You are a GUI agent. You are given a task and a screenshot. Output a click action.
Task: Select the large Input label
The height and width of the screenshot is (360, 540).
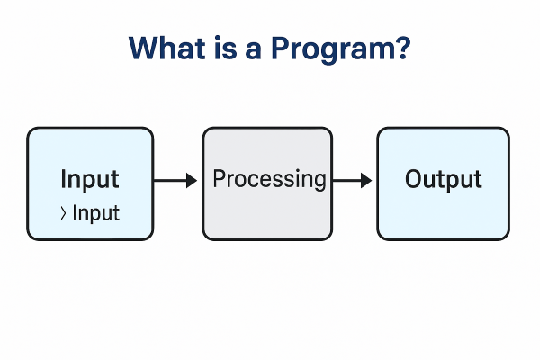tap(90, 179)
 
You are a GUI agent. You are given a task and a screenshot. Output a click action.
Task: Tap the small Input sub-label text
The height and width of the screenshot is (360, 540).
tap(96, 214)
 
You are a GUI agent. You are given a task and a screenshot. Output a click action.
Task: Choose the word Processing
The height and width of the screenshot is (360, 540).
tap(269, 180)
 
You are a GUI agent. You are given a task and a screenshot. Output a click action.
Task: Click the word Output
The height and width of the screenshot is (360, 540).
tap(443, 179)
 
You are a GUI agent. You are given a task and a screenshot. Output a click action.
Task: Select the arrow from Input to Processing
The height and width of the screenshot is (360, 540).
tap(175, 181)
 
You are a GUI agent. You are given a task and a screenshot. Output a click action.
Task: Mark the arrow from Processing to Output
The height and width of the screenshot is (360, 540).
tap(352, 181)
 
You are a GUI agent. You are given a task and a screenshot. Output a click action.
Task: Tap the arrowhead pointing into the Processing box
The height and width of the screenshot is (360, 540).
tap(191, 181)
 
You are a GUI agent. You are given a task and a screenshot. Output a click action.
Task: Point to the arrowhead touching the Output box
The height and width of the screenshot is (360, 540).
tap(366, 181)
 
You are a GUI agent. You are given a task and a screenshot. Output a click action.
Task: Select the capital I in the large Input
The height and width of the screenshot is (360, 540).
tap(64, 179)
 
